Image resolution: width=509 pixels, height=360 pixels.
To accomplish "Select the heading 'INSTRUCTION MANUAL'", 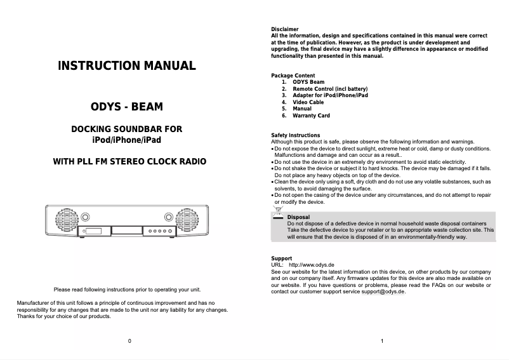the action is tap(127, 65).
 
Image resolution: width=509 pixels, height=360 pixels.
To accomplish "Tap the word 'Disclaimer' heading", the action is tap(284, 30).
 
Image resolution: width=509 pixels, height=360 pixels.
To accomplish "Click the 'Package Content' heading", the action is tap(293, 76).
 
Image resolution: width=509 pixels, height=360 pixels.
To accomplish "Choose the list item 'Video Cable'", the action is tap(308, 102).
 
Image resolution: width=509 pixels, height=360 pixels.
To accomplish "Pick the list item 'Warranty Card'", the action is tap(311, 116).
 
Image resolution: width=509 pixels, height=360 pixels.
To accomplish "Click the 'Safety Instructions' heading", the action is tap(296, 135).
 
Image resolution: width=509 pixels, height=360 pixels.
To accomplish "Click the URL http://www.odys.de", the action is tap(312, 265).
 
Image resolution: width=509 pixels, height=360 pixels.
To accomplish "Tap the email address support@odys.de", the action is tap(383, 291).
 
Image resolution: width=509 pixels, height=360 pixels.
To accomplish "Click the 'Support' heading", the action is tap(282, 258).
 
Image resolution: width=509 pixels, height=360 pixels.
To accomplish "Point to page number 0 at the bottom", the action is tap(129, 342).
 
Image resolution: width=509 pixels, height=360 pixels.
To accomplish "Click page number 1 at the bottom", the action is tap(382, 342).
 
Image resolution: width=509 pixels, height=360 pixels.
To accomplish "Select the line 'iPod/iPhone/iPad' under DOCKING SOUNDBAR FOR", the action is tap(127, 139).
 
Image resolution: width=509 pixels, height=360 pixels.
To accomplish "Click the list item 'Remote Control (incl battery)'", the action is tap(330, 89).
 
